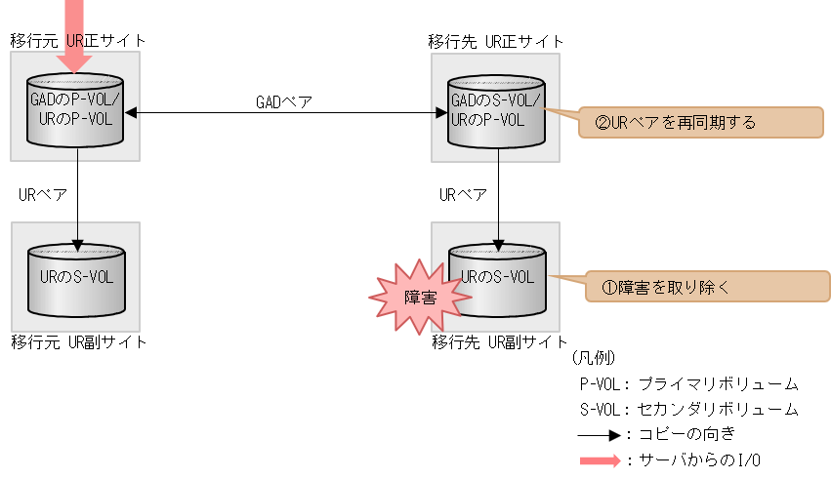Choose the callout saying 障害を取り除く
pos(706,287)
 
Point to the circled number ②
pos(602,124)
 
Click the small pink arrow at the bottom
pos(601,461)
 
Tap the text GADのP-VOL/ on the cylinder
pos(75,100)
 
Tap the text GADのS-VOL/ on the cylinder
pos(495,100)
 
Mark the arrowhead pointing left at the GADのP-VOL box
pos(131,112)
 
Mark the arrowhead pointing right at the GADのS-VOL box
pos(441,112)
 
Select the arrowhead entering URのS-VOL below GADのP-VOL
pos(77,244)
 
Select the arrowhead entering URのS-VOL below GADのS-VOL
pos(498,244)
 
